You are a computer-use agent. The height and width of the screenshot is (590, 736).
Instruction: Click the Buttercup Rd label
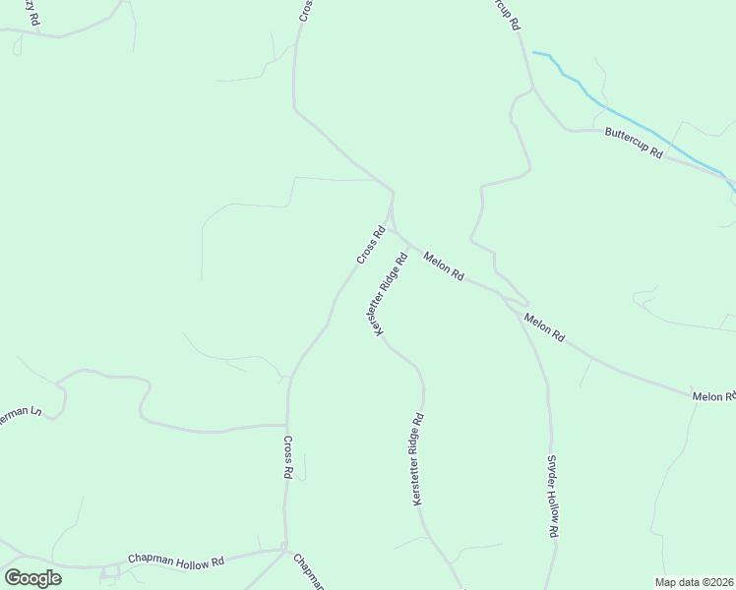[x=634, y=144]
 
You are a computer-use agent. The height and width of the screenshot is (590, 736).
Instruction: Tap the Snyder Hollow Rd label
[x=553, y=495]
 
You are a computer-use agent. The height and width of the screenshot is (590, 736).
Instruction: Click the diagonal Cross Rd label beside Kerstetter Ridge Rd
[x=370, y=246]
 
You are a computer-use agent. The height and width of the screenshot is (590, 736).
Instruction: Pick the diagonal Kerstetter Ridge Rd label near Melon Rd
[x=390, y=296]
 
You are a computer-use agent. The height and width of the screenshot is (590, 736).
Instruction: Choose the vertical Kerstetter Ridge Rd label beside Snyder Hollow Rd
[x=418, y=459]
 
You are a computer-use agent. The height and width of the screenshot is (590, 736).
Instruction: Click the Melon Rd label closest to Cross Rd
[x=444, y=266]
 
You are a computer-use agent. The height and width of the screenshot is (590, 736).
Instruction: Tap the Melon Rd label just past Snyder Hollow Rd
[x=544, y=326]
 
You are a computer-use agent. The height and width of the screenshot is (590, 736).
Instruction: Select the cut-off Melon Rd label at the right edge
[x=713, y=396]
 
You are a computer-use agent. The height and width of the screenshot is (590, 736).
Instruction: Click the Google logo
[x=31, y=577]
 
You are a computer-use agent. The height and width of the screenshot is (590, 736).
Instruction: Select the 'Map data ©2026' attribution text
[x=694, y=581]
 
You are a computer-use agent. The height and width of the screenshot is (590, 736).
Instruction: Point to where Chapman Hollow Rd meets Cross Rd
[x=283, y=548]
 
